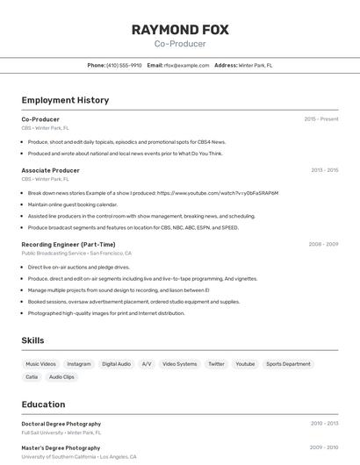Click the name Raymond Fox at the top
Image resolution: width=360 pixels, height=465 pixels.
(180, 29)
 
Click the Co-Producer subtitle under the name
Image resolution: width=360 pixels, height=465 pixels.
(180, 44)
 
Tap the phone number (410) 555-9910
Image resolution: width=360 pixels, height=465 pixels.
(124, 65)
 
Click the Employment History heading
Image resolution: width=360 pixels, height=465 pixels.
(65, 100)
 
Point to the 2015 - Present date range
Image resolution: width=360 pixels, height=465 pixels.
(320, 118)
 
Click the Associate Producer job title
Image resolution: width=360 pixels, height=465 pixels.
(50, 170)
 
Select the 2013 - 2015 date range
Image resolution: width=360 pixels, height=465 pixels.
(324, 170)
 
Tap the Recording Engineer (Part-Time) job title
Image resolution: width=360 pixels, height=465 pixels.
(68, 244)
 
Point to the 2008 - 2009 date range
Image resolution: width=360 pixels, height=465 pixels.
(324, 244)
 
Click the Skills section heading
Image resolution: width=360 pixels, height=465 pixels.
(32, 340)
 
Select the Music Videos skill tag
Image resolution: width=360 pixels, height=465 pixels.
(40, 363)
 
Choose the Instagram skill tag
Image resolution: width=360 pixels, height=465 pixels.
(79, 363)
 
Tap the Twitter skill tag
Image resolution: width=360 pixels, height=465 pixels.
(216, 363)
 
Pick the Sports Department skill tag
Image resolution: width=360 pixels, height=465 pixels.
(288, 363)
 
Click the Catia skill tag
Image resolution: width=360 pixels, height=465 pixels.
(32, 376)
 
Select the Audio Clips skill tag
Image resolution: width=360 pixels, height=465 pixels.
(61, 376)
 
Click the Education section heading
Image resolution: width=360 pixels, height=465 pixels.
(43, 404)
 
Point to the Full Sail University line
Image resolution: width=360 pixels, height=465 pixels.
(61, 433)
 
